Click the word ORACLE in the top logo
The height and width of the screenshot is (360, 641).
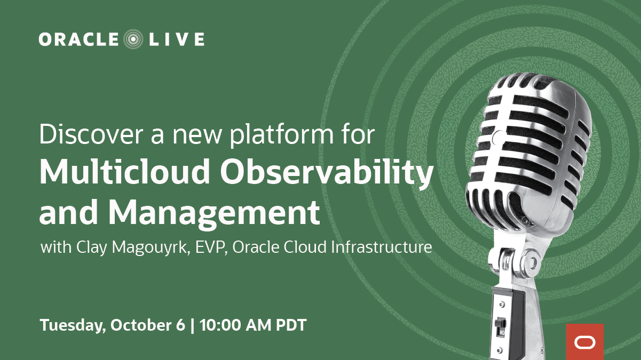(79, 39)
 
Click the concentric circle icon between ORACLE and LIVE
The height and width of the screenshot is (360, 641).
(133, 39)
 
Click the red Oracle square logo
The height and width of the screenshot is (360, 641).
(584, 342)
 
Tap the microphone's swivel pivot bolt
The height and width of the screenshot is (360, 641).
(532, 262)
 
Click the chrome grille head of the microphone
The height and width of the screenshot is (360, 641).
(528, 149)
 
